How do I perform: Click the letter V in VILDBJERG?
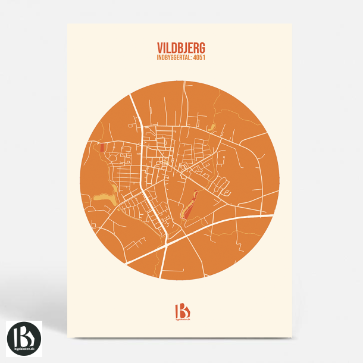point(159,47)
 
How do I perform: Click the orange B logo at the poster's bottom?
point(181,311)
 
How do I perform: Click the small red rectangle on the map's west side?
point(103,148)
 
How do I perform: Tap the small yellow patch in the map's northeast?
point(211,127)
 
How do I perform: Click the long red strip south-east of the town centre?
point(189,205)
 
